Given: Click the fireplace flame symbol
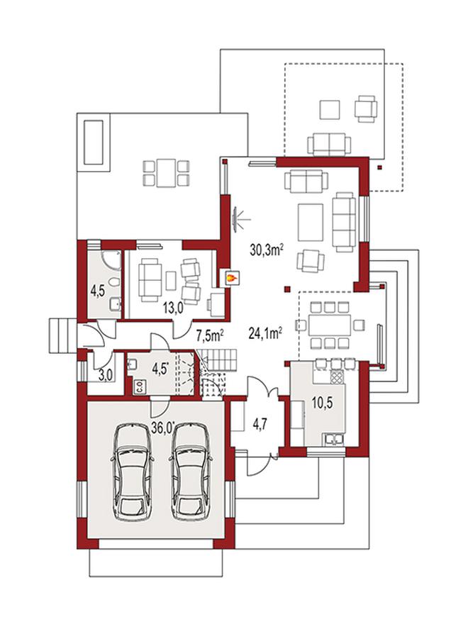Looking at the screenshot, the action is [231, 277].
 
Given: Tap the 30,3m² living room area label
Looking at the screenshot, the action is [267, 250].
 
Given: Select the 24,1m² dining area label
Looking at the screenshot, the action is [266, 333].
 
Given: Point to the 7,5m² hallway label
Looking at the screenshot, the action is [209, 336].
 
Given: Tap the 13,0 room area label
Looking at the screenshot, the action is [173, 308].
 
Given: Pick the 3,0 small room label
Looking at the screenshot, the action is [106, 375].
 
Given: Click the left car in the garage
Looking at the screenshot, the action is [132, 471].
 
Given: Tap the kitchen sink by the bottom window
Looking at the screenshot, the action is [335, 439].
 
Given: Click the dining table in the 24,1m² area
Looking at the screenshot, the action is [330, 325].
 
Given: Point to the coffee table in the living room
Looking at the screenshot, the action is [311, 223].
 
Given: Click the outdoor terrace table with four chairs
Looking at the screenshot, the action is [167, 173].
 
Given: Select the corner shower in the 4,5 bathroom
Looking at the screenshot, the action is [111, 259].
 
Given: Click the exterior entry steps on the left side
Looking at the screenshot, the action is [62, 335].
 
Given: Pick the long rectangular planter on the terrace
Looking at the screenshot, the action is [94, 142].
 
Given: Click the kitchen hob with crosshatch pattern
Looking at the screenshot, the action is [337, 376].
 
